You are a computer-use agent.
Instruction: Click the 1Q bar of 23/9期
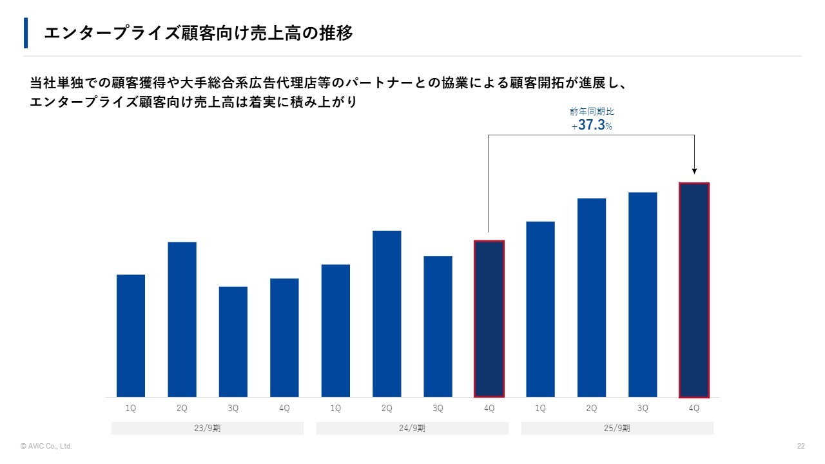131,336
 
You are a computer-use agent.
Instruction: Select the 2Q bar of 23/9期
182,319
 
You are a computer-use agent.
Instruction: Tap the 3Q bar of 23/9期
233,342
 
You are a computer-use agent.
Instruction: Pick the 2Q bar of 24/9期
387,314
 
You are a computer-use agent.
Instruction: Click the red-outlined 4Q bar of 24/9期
489,318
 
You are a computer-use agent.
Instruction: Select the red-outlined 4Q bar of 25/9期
694,290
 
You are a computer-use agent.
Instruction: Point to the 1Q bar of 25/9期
540,309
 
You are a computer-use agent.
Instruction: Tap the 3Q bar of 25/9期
643,295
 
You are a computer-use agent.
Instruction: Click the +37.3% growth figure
592,126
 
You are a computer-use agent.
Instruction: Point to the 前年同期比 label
592,111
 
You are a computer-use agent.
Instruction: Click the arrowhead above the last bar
694,171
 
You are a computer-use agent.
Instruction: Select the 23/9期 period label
208,429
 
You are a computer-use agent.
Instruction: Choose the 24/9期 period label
412,429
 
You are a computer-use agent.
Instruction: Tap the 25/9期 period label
617,429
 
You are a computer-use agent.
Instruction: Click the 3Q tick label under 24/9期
438,409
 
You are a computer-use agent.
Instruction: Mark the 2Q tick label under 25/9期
592,409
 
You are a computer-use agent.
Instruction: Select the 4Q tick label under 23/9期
284,409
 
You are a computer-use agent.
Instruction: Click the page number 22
801,446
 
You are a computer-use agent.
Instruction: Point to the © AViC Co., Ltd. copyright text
46,446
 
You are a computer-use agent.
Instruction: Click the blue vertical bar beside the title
26,33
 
